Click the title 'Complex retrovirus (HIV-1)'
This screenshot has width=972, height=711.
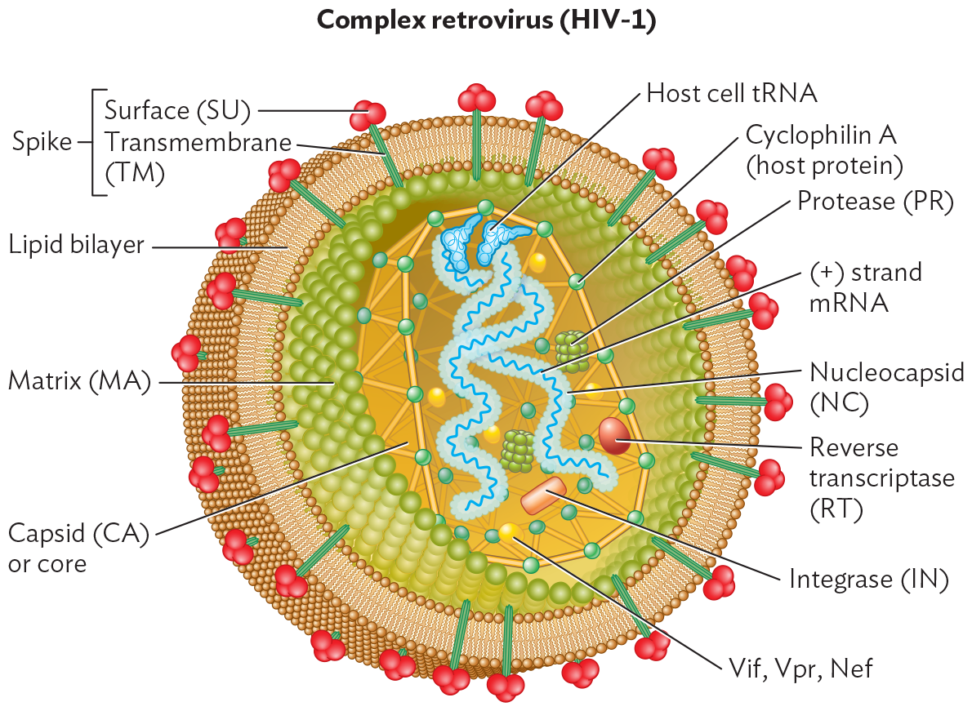tap(485, 21)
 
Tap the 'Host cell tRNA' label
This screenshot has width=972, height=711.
tap(731, 93)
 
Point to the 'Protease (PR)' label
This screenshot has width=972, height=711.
tap(875, 201)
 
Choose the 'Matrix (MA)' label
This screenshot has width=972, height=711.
tap(79, 381)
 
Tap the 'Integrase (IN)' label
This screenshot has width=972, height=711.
tap(867, 579)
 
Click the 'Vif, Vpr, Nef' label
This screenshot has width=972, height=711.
tap(800, 669)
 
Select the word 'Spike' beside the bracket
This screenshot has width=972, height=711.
tap(42, 142)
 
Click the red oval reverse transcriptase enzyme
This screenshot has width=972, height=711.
tap(614, 435)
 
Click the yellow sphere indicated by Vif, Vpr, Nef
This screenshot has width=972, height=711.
tap(511, 532)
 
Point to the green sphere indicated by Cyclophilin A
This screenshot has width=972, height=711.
tap(577, 282)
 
